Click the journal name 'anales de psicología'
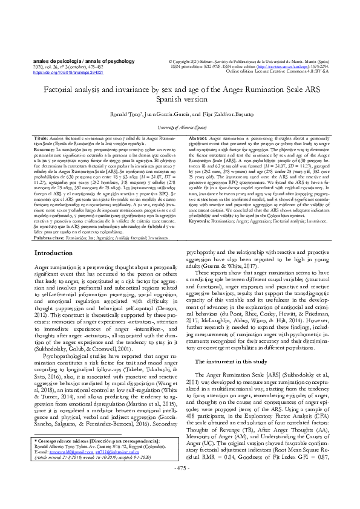tap(52, 61)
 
